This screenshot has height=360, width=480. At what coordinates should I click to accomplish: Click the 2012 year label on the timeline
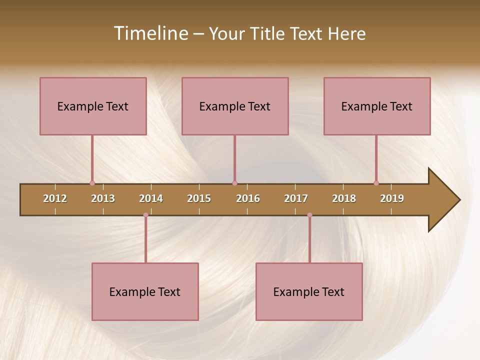55,198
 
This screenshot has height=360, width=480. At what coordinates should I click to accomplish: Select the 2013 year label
103,198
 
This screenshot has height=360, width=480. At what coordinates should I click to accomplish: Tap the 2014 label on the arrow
151,198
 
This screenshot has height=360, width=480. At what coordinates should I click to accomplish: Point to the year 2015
199,198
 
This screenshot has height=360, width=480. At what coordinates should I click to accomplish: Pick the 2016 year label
248,198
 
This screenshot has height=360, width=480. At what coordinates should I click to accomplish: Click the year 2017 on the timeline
296,198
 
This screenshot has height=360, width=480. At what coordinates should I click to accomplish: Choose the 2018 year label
344,198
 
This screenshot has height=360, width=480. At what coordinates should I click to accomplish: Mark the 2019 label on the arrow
392,198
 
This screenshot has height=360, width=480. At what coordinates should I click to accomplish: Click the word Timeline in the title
150,33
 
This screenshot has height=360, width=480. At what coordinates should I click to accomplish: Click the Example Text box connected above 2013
93,106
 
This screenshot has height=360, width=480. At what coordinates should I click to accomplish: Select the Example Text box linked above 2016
235,106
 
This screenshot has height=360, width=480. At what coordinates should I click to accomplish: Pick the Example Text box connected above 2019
377,106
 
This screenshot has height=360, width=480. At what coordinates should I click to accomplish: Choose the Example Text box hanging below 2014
145,291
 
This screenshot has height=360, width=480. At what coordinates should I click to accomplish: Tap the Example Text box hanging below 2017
309,291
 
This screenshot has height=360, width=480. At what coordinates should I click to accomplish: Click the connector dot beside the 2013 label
92,183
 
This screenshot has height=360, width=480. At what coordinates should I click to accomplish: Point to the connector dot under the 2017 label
309,215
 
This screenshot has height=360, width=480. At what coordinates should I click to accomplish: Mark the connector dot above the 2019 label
376,183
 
